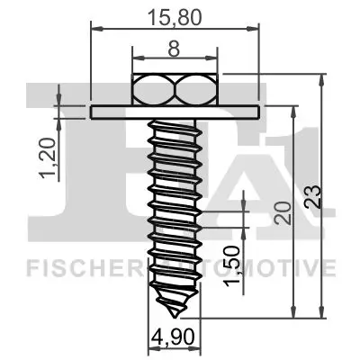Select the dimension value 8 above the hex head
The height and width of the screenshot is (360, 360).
176,53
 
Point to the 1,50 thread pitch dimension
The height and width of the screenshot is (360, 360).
232,268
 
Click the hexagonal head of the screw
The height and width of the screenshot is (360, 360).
176,90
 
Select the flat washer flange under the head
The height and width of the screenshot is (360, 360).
176,111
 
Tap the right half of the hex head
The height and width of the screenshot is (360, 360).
197,90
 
